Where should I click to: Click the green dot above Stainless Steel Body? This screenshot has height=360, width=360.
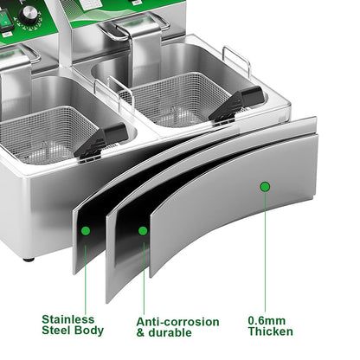click(86, 231)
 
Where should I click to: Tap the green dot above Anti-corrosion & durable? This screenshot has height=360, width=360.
click(143, 231)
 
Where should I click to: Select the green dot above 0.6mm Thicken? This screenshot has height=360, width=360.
click(265, 187)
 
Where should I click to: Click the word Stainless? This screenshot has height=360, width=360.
click(68, 319)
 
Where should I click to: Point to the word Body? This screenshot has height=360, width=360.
click(89, 331)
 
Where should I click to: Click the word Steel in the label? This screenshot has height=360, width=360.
click(56, 331)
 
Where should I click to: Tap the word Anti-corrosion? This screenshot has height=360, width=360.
click(177, 322)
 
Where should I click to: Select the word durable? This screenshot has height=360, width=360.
click(170, 332)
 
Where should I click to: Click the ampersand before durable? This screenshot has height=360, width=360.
click(140, 332)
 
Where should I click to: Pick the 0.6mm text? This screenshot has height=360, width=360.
click(267, 320)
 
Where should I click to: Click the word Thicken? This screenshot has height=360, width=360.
click(271, 331)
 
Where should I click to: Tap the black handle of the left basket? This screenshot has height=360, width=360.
click(101, 140)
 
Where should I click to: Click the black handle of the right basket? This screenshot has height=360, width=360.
click(237, 104)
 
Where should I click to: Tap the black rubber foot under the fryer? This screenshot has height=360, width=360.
click(29, 260)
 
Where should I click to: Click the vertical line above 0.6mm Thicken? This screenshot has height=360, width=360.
click(265, 252)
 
